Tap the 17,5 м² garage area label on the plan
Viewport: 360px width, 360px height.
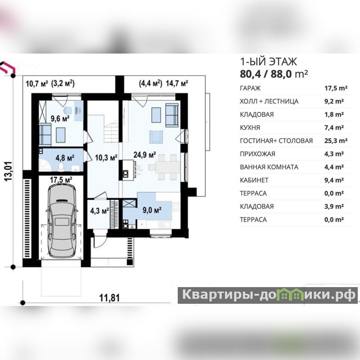pyautogui.click(x=61, y=180)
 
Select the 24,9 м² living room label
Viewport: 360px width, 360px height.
pyautogui.click(x=144, y=155)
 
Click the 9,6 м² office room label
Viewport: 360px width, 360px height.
pyautogui.click(x=60, y=118)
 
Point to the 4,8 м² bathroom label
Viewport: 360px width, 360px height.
pyautogui.click(x=65, y=158)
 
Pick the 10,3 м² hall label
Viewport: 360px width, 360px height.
pyautogui.click(x=106, y=157)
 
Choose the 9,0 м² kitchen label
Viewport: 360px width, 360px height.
pyautogui.click(x=152, y=210)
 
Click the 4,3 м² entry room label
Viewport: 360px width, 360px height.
pyautogui.click(x=99, y=211)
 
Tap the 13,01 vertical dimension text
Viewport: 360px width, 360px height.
pyautogui.click(x=8, y=171)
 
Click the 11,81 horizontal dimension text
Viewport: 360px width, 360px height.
pyautogui.click(x=109, y=298)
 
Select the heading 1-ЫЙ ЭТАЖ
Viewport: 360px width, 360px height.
pyautogui.click(x=268, y=62)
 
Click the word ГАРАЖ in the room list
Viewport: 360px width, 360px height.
pyautogui.click(x=250, y=88)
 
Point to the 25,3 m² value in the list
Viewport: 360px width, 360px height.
pyautogui.click(x=336, y=140)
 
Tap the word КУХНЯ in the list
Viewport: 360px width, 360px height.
pyautogui.click(x=250, y=128)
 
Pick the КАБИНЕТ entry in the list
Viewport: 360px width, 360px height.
pyautogui.click(x=254, y=180)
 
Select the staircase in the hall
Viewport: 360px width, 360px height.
pyautogui.click(x=111, y=129)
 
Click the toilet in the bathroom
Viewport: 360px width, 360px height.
pyautogui.click(x=61, y=166)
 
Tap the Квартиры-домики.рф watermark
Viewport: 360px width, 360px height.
pyautogui.click(x=268, y=295)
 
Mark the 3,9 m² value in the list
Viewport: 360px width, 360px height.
pyautogui.click(x=334, y=207)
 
